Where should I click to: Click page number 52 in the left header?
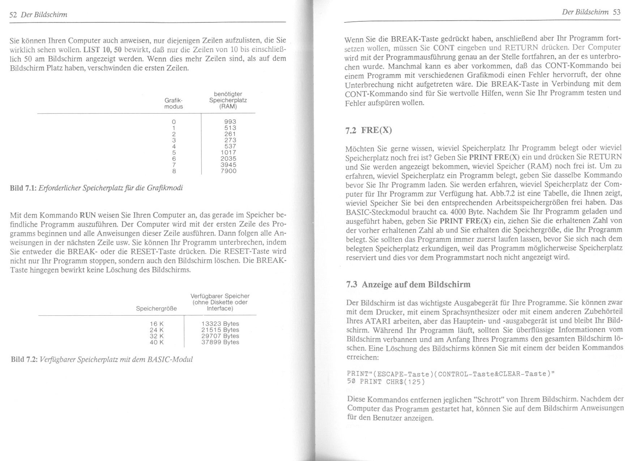[13, 15]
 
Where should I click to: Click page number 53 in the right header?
[617, 12]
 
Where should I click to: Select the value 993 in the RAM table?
[230, 122]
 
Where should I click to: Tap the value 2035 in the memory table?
[228, 158]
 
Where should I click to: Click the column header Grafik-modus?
[174, 103]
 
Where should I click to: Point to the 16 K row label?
[157, 324]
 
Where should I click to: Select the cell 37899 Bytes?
[220, 342]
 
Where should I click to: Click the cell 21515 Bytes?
[220, 330]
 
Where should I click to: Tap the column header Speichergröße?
[156, 308]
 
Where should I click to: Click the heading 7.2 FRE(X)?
[368, 130]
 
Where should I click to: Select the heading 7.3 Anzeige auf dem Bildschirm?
[408, 285]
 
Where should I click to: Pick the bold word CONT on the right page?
[443, 48]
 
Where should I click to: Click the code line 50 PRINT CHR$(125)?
[385, 382]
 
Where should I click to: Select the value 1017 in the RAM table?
[228, 152]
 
